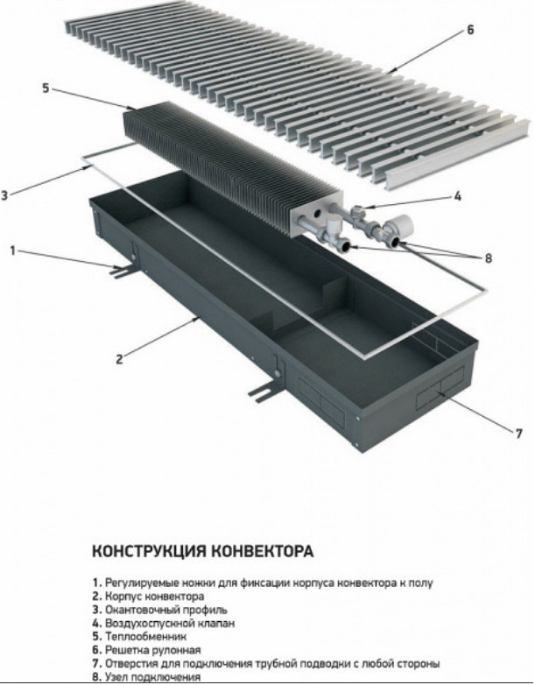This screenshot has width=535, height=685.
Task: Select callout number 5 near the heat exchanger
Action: (46, 88)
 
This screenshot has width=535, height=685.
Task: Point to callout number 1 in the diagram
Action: (12, 251)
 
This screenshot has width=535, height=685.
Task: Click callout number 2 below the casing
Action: (119, 357)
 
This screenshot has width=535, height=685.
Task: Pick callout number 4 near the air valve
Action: (457, 198)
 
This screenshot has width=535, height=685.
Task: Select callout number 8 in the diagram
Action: (489, 258)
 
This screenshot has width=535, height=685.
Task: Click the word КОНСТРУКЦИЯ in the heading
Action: (147, 553)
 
